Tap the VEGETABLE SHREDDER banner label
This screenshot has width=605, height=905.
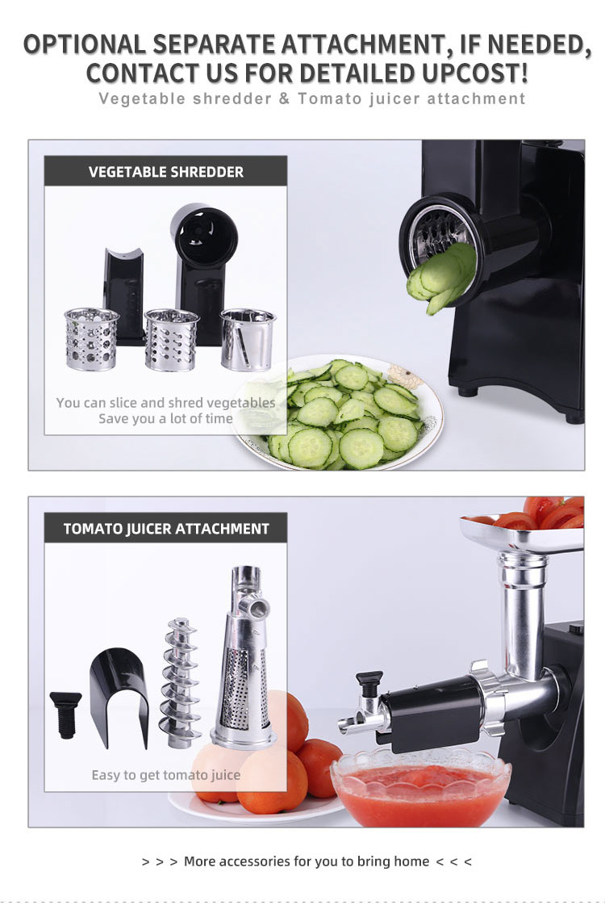click(x=166, y=172)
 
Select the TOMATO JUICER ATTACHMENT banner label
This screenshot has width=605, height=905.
click(x=166, y=529)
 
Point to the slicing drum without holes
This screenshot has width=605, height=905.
click(x=248, y=339)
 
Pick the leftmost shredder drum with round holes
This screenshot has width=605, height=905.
click(x=91, y=339)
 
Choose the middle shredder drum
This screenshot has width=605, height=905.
click(x=171, y=339)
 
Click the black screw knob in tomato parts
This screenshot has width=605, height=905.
click(x=65, y=714)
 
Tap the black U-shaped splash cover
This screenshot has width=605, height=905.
click(x=119, y=695)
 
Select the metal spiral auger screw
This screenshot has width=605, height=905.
click(x=181, y=683)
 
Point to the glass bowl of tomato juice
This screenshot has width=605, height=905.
click(x=421, y=789)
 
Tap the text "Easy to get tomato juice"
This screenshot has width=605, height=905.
click(x=166, y=775)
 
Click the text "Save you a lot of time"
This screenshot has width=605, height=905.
click(x=165, y=418)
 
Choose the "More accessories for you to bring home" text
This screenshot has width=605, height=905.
click(x=307, y=861)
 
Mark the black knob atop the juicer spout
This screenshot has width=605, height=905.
click(x=369, y=681)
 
